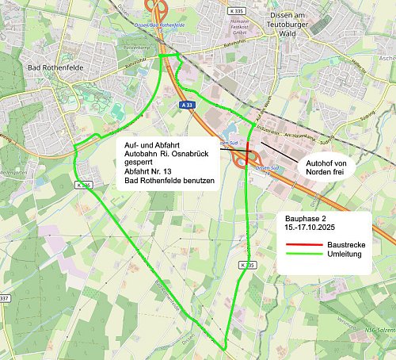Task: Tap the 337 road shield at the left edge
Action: [x=4, y=298]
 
